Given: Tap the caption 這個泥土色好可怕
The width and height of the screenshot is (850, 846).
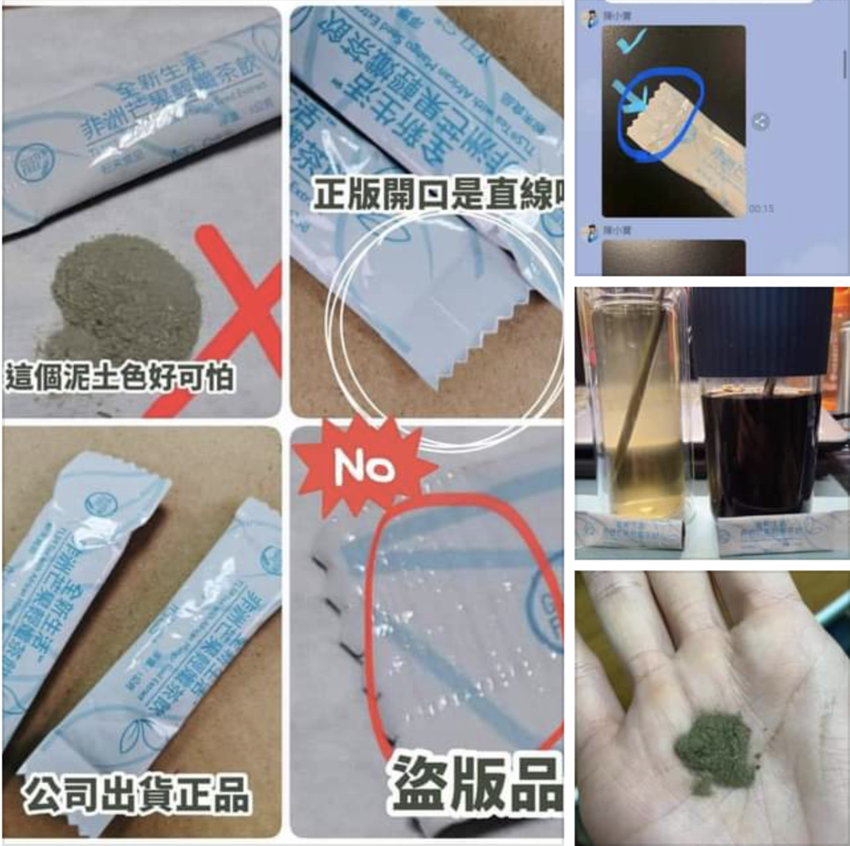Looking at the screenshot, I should pyautogui.click(x=120, y=377).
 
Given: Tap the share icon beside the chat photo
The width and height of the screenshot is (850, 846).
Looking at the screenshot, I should pyautogui.click(x=760, y=122).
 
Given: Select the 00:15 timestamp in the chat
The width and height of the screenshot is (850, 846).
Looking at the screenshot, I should pyautogui.click(x=761, y=208).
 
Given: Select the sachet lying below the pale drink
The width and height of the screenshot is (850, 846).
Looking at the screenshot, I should pyautogui.click(x=630, y=531).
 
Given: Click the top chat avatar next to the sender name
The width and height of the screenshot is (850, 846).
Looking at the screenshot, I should pyautogui.click(x=593, y=18).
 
